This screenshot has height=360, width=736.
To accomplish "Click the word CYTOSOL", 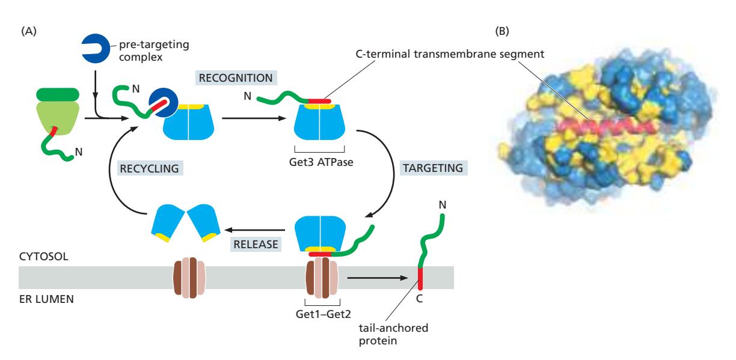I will pyautogui.click(x=43, y=255).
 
